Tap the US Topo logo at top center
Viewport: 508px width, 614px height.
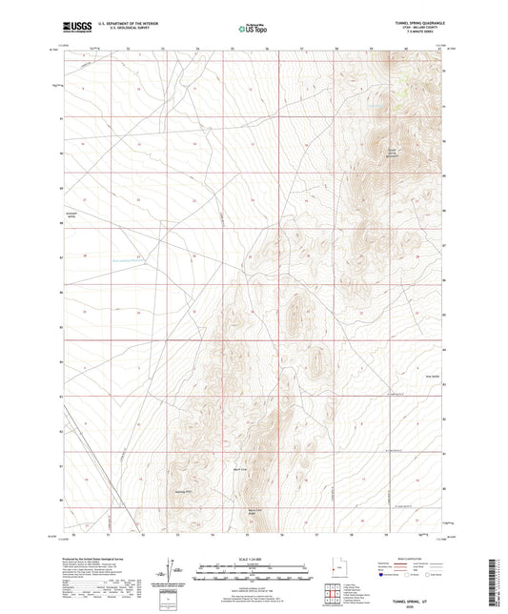point(252,29)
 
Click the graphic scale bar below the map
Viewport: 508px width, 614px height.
point(253,569)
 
